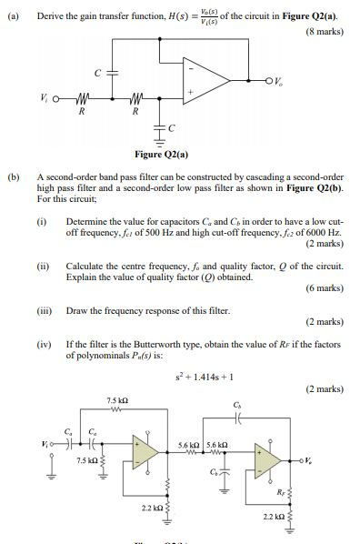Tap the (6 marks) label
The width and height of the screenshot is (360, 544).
click(x=324, y=287)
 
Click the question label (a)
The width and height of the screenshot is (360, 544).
click(x=13, y=10)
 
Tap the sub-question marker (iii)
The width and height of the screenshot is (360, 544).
click(x=44, y=309)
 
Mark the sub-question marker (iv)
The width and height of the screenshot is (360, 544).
click(x=44, y=346)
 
